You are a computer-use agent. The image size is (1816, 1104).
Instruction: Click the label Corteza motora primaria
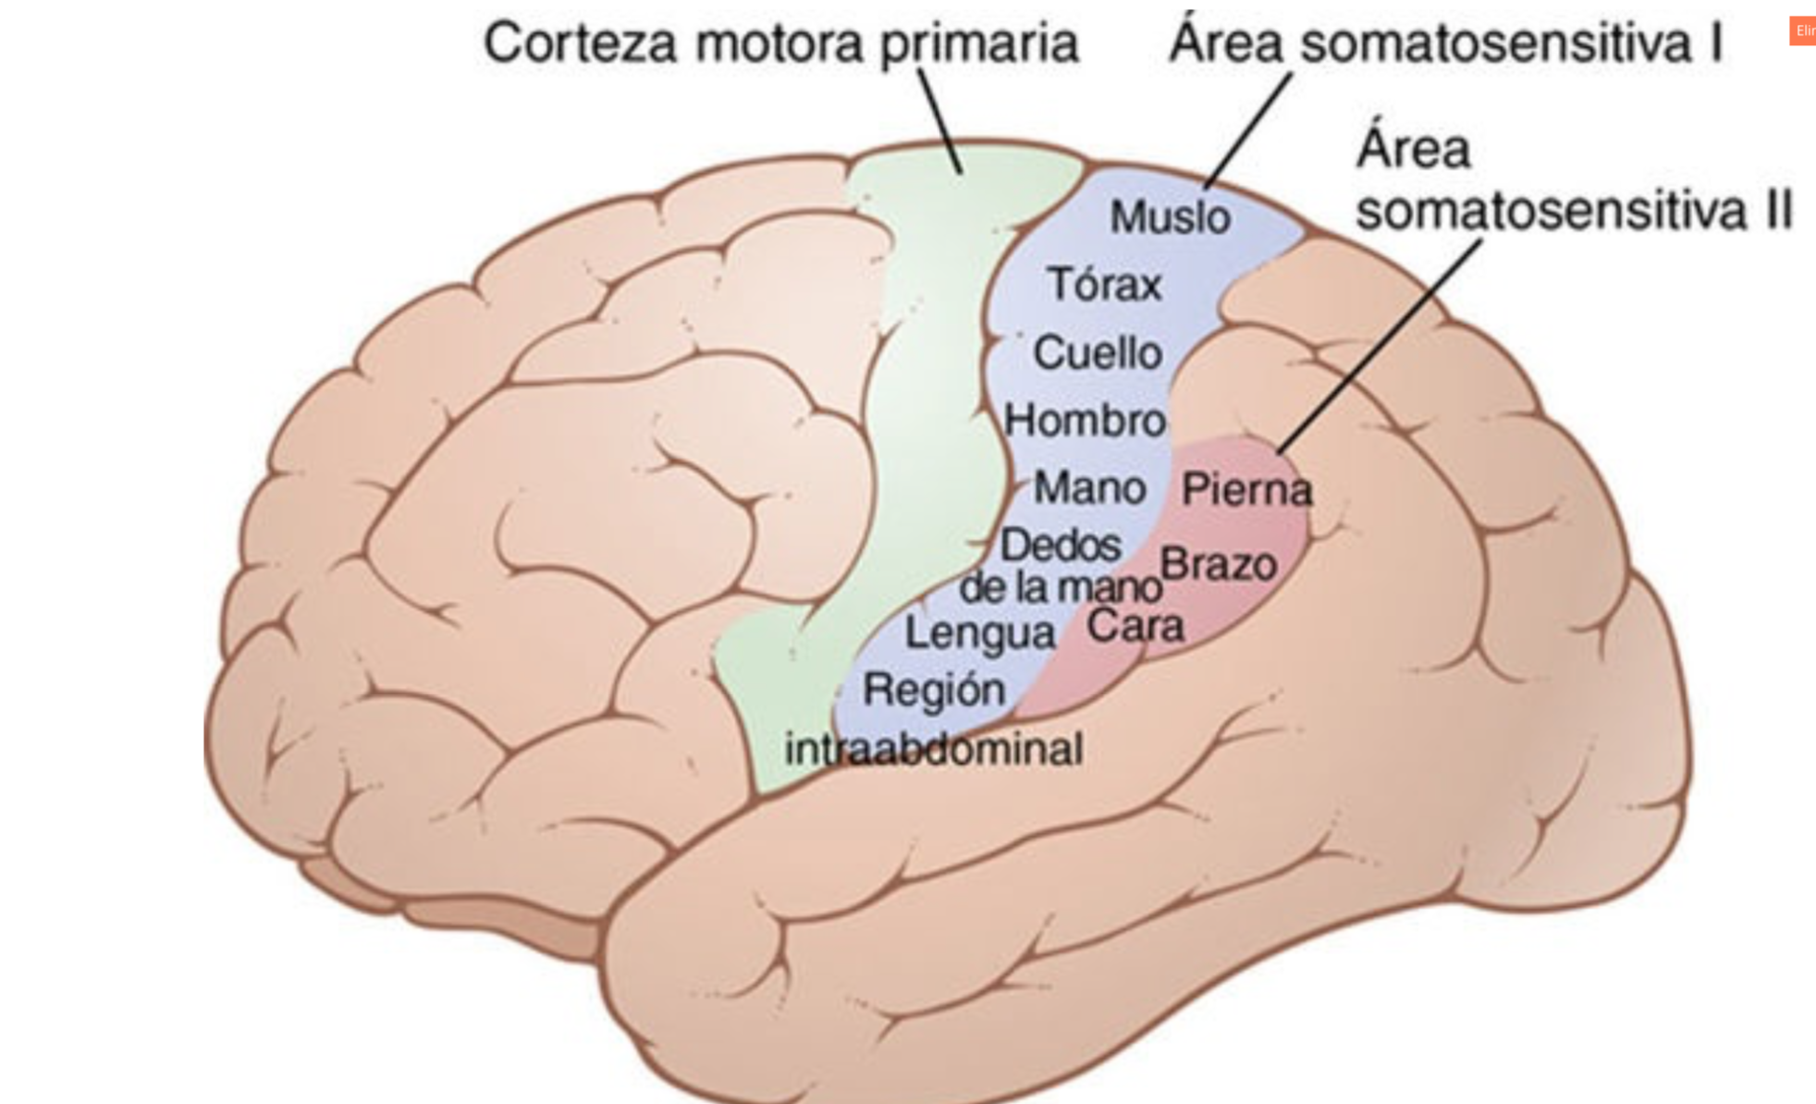(x=781, y=43)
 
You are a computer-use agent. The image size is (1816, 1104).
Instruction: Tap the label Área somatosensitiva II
(x=1572, y=180)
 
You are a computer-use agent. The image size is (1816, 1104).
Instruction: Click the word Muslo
(x=1170, y=217)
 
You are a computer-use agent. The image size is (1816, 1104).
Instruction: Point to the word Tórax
(x=1104, y=284)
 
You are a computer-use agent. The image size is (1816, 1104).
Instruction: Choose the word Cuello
(x=1098, y=353)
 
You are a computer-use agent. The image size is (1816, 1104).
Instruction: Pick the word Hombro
(x=1085, y=421)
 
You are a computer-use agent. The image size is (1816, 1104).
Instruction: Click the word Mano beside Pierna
(x=1089, y=487)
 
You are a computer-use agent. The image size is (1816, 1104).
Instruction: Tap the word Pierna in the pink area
(x=1246, y=489)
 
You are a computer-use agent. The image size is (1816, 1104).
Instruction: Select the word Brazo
(x=1219, y=564)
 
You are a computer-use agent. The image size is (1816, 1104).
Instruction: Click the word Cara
(x=1135, y=626)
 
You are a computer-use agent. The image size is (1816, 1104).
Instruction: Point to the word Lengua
(x=980, y=634)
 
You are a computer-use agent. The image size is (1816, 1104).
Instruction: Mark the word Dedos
(x=1061, y=545)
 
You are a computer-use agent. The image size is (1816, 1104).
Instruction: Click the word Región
(x=934, y=690)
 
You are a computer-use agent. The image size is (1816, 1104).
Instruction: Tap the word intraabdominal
(x=934, y=749)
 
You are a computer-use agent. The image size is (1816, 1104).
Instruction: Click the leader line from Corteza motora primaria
(x=940, y=120)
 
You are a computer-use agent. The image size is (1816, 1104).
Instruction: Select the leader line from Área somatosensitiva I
(x=1248, y=129)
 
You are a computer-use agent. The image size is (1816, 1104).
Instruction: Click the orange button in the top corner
(x=1802, y=31)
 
